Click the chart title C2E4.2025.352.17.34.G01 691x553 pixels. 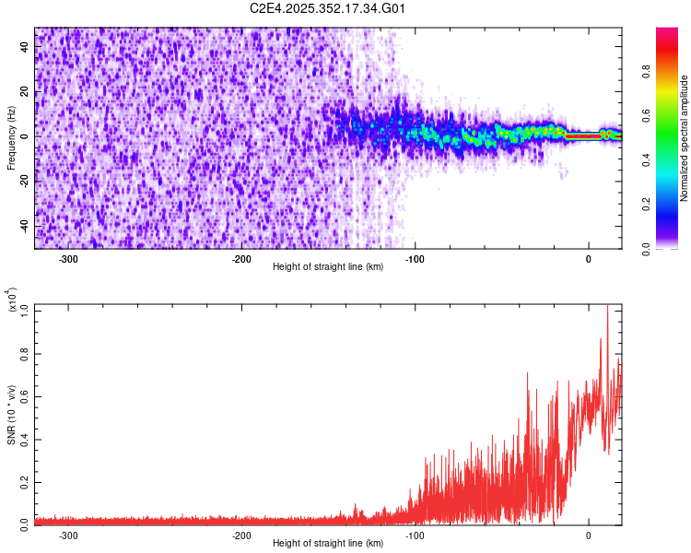coord(329,9)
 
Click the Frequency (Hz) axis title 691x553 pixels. coord(12,138)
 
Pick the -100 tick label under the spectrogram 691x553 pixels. coord(415,258)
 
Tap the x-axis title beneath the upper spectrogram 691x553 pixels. coord(329,267)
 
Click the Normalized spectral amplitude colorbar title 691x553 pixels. coord(685,138)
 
